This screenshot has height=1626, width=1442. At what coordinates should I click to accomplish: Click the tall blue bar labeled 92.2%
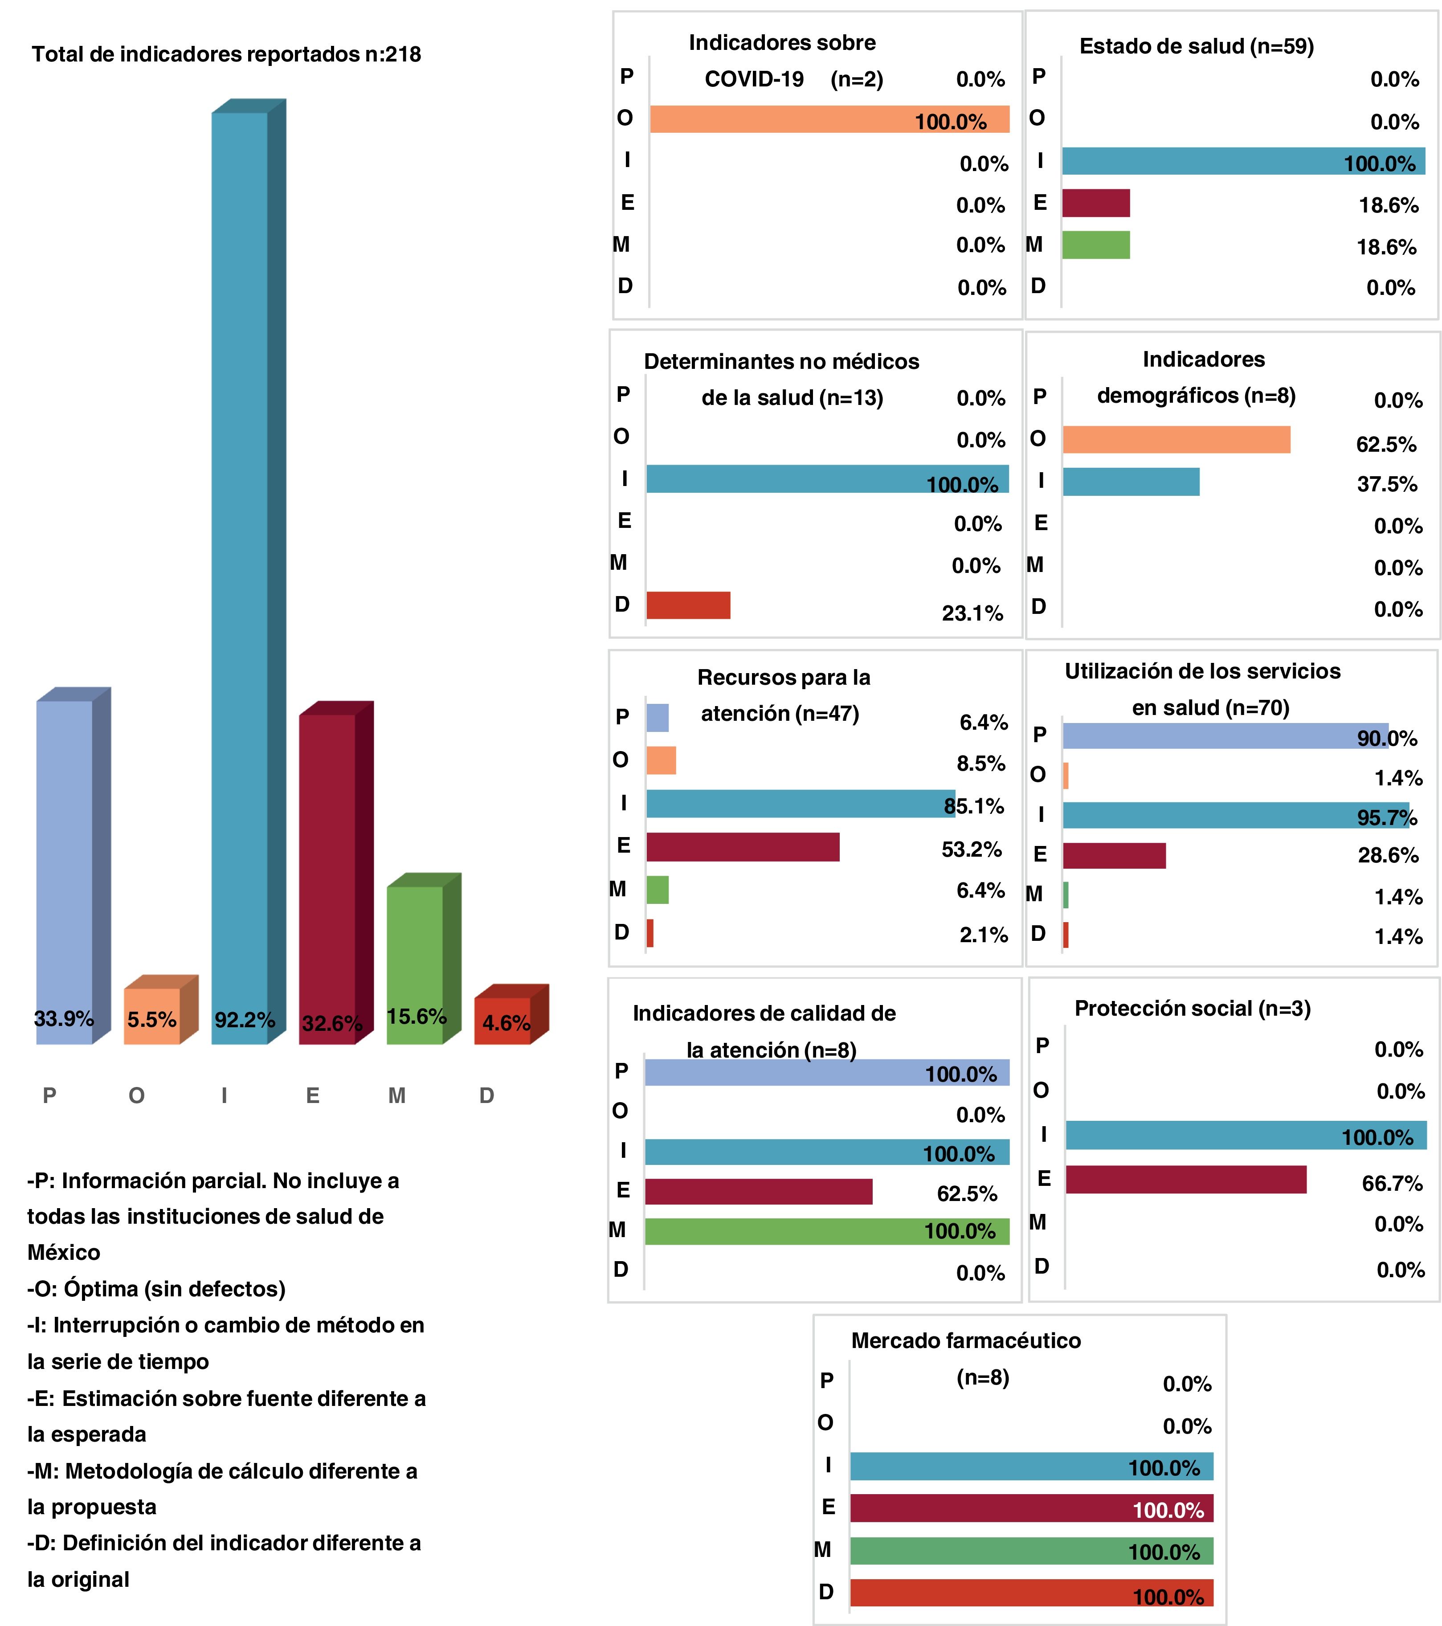click(239, 573)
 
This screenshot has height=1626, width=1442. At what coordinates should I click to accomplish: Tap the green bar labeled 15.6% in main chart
click(414, 963)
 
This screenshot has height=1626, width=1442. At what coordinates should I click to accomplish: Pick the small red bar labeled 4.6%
click(502, 1020)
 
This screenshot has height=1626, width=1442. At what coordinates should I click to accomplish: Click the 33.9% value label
click(64, 1018)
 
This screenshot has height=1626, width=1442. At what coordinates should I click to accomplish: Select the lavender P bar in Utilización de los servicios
click(1225, 736)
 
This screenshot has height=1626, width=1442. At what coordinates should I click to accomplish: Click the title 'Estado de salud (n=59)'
click(1196, 46)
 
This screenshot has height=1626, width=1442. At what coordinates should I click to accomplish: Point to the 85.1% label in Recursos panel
click(973, 806)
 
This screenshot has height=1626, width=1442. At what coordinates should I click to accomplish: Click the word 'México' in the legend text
click(64, 1252)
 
